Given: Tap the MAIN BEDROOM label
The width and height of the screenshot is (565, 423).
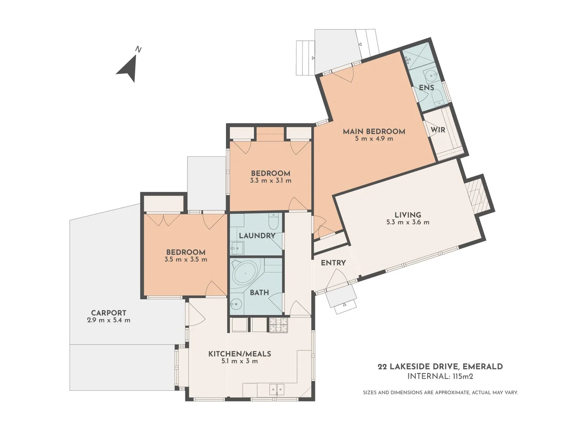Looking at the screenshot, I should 374,131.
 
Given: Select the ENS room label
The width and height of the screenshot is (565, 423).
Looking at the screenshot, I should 426,88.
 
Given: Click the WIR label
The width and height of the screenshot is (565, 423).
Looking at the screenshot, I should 438,130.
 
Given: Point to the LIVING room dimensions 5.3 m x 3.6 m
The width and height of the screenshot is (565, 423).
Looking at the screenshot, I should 408,222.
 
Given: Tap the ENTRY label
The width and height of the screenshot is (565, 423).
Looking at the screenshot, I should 333,263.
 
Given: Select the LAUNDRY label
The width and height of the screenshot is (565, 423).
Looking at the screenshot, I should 257,235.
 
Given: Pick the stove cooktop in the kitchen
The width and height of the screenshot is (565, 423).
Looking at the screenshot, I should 278,324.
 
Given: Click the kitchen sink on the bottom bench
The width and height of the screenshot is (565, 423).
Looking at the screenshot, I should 277,389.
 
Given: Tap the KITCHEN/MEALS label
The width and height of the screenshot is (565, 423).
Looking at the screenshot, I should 239,354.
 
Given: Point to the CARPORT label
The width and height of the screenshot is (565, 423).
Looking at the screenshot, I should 109,313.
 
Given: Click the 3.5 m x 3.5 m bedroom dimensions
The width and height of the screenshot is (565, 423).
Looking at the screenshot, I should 186,259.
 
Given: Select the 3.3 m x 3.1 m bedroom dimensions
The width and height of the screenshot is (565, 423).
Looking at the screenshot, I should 270,181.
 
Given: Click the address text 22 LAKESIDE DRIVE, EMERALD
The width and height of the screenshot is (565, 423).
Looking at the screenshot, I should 440,367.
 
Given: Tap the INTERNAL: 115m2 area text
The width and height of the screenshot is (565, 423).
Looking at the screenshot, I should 440,376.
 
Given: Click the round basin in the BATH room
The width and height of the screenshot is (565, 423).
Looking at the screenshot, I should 236,304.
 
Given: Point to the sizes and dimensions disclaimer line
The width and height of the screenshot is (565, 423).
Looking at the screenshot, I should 440,392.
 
